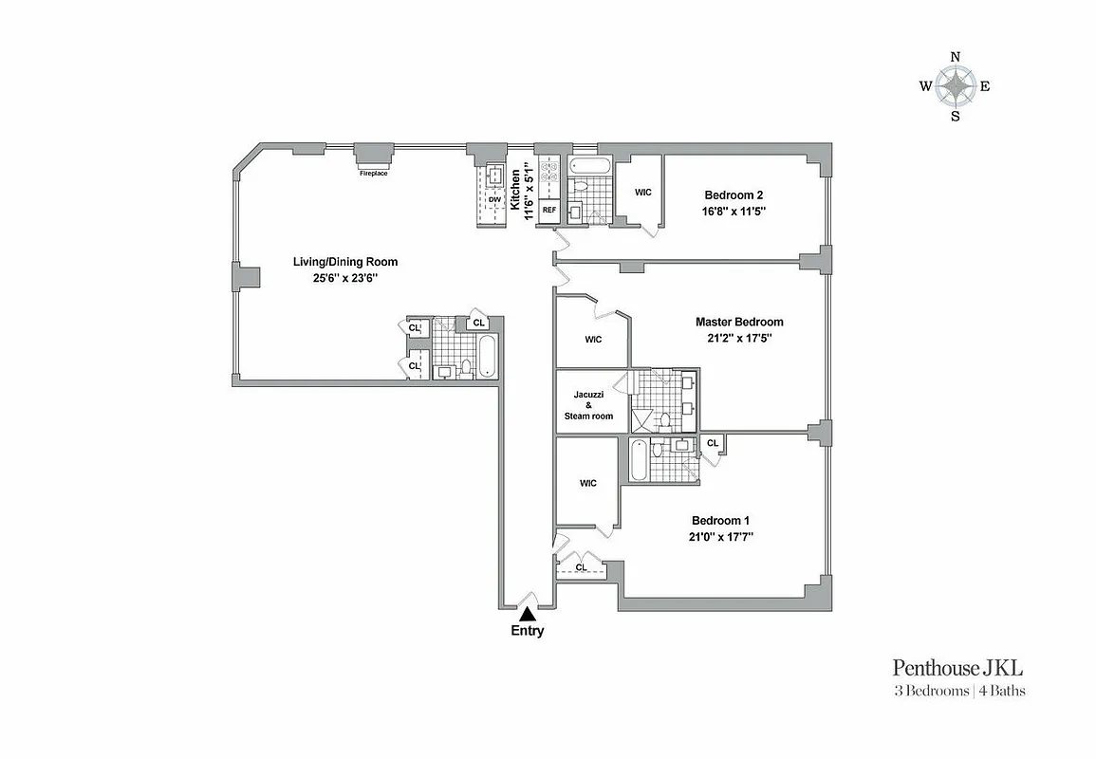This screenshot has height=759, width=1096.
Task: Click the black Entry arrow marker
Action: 527,615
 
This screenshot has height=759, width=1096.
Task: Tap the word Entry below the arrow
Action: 528,632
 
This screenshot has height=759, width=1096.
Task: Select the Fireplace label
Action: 373,174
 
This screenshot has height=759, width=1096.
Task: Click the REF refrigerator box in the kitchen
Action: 548,210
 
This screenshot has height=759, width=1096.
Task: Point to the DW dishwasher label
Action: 493,200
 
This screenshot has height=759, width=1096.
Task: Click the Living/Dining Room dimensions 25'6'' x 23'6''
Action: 344,278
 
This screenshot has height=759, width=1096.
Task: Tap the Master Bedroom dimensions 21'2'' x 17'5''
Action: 739,338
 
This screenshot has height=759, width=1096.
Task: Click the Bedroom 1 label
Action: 720,520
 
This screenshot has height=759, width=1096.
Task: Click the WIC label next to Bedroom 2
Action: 642,193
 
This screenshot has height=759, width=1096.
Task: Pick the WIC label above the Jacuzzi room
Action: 593,340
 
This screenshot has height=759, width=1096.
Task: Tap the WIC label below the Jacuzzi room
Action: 588,483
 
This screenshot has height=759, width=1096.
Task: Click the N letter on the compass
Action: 956,57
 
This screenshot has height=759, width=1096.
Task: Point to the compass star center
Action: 956,87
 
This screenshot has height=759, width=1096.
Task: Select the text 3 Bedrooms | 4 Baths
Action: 958,691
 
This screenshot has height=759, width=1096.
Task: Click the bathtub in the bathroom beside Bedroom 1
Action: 641,461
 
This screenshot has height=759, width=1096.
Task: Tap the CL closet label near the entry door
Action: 581,567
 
